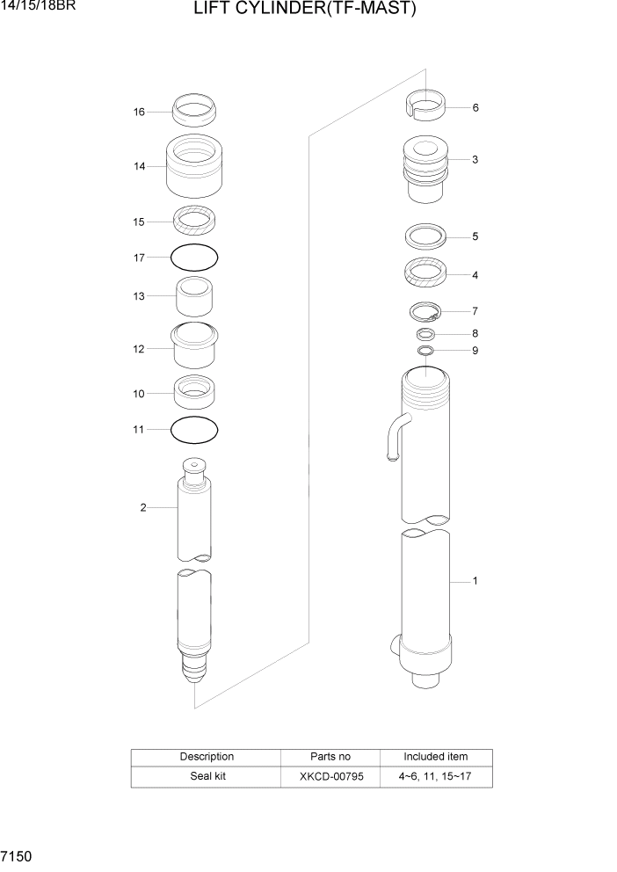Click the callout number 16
click(x=139, y=112)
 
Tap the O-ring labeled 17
click(x=193, y=258)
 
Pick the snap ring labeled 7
click(x=425, y=311)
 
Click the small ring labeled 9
click(x=425, y=351)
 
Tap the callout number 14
click(x=139, y=166)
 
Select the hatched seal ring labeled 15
click(x=194, y=221)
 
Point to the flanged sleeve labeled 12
click(x=194, y=346)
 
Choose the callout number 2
click(x=142, y=507)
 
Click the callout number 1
click(x=475, y=581)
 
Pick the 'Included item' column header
click(x=435, y=756)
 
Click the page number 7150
click(x=18, y=855)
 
